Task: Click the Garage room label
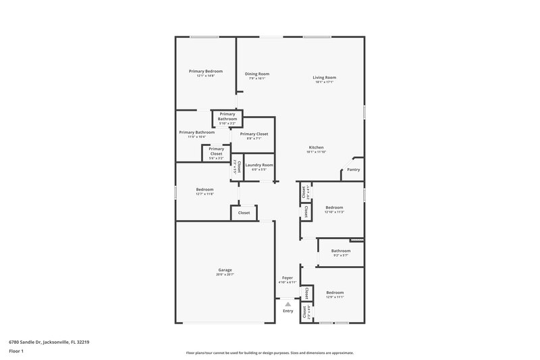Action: [225, 269]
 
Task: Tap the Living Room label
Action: [324, 78]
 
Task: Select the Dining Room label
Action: [256, 74]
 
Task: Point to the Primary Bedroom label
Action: [206, 71]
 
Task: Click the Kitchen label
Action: [317, 147]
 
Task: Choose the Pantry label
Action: [354, 170]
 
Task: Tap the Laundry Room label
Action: [259, 165]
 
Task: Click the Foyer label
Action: [288, 278]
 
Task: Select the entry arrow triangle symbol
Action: [288, 304]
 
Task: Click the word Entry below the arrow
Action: [288, 311]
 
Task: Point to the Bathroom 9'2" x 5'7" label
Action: [341, 251]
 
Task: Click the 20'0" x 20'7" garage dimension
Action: [225, 274]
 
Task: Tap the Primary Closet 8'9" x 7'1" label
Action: [254, 134]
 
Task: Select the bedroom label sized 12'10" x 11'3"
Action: [334, 207]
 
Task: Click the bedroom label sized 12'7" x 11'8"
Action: [205, 189]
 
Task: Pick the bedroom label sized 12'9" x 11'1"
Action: [335, 292]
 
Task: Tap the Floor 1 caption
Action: [16, 351]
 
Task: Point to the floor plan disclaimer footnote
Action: [269, 353]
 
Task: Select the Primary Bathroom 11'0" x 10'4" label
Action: [197, 132]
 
